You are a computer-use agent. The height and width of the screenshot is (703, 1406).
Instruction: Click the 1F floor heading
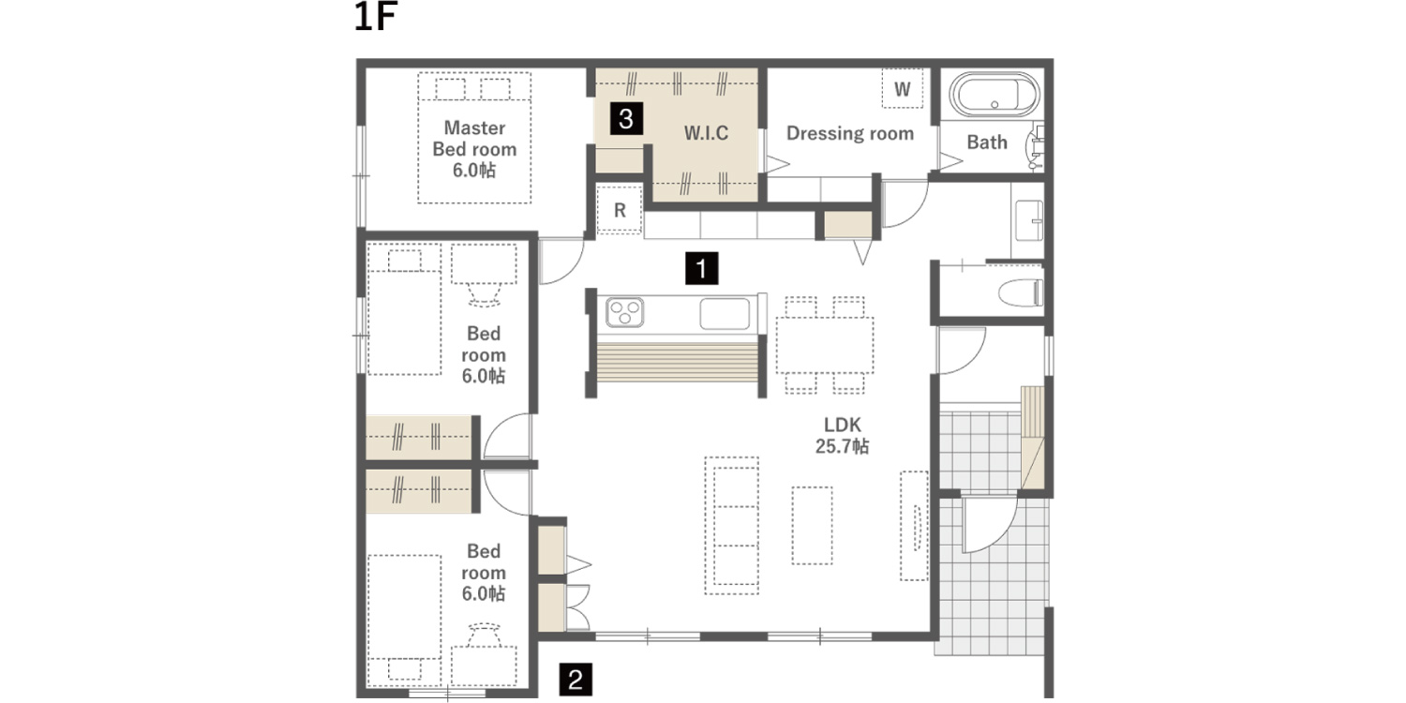(x=375, y=17)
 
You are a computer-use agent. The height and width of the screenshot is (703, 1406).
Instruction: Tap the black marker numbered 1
(x=701, y=269)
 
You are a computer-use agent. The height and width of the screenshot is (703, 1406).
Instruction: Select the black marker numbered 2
(x=576, y=680)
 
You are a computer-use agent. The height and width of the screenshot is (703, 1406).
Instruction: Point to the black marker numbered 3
(x=626, y=119)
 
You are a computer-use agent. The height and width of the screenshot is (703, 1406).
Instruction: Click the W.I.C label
(x=706, y=133)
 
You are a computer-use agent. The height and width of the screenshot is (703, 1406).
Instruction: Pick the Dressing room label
(x=850, y=134)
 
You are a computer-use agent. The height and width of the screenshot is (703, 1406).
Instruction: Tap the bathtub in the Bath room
(x=995, y=94)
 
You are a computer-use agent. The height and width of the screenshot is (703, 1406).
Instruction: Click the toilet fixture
(x=1020, y=292)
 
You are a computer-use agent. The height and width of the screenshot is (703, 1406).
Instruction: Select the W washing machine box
(x=902, y=88)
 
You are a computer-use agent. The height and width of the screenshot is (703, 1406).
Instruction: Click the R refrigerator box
(x=620, y=210)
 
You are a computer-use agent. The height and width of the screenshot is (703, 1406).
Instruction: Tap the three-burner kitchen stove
(x=624, y=312)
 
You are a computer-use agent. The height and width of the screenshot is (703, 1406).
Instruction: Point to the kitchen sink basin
(x=725, y=313)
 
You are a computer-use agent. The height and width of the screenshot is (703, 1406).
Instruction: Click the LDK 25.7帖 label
(x=843, y=436)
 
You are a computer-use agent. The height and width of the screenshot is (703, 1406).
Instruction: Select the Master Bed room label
(x=474, y=149)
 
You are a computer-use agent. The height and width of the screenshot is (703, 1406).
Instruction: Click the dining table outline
(x=825, y=345)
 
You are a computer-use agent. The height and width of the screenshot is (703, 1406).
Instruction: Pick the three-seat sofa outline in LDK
(x=731, y=525)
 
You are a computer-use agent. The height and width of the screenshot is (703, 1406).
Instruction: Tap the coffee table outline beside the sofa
(x=813, y=525)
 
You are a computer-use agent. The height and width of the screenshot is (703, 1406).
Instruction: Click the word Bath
(x=987, y=142)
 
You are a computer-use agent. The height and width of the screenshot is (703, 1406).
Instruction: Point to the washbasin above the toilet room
(x=1029, y=220)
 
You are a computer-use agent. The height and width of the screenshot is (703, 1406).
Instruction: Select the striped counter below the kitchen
(x=678, y=362)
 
